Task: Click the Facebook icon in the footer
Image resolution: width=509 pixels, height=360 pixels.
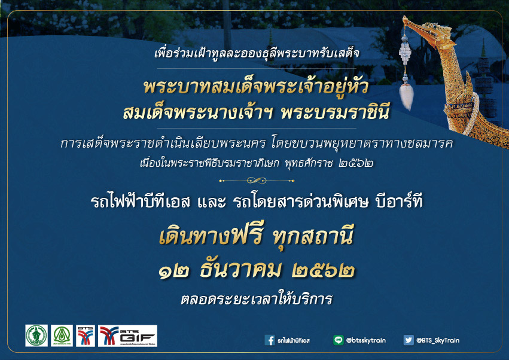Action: click(270, 340)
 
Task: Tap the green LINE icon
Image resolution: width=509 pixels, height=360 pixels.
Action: click(337, 340)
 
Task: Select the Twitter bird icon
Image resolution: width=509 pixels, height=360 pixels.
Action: click(409, 340)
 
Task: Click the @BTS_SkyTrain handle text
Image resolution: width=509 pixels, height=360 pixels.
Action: click(438, 340)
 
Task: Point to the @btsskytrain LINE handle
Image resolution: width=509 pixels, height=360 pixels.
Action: click(366, 340)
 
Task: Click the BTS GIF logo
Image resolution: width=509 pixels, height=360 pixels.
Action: click(127, 336)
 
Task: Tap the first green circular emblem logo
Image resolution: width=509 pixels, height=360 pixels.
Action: click(36, 336)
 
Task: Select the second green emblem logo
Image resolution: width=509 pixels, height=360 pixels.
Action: click(62, 336)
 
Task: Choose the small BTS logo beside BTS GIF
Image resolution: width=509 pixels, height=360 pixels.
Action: click(86, 336)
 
